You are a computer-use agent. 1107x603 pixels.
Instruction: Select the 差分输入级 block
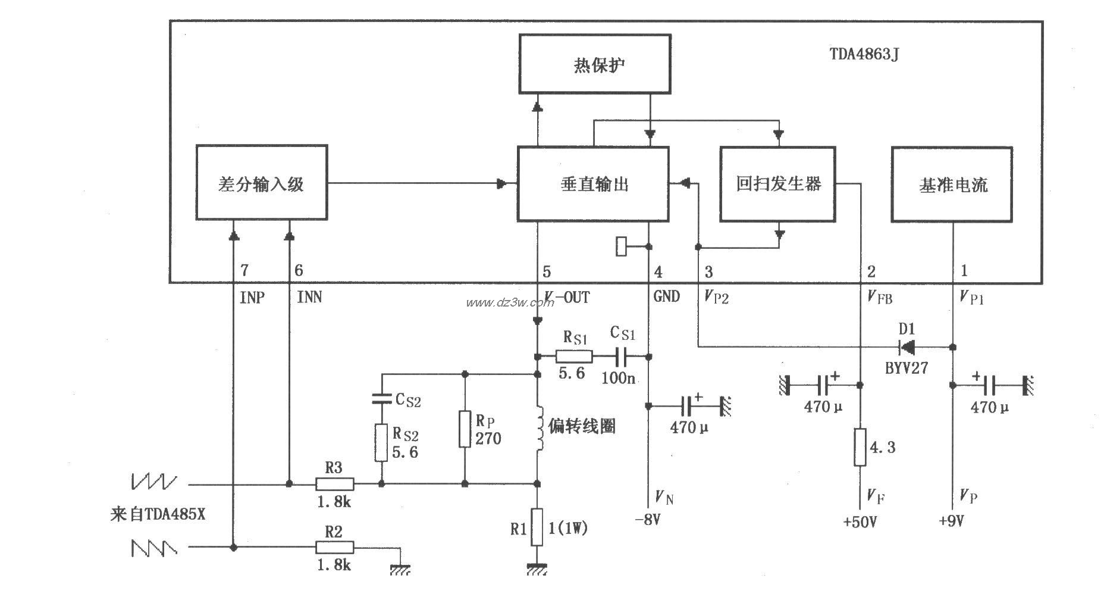[x=262, y=183]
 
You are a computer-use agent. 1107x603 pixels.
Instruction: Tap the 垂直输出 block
[x=593, y=184]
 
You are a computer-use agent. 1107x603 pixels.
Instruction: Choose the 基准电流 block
[x=952, y=185]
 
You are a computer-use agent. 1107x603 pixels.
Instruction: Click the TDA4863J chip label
[x=864, y=54]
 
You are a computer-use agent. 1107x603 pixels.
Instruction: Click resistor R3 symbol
[x=334, y=484]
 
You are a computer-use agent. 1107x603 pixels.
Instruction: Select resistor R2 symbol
[x=334, y=547]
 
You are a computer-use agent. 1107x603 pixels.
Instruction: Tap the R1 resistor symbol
[x=537, y=527]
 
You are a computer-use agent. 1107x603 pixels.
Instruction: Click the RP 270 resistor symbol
[x=465, y=429]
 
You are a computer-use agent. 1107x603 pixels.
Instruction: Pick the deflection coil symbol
[x=540, y=427]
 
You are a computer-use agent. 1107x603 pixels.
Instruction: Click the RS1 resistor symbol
[x=574, y=356]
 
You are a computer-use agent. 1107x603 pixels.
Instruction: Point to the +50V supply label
[x=860, y=522]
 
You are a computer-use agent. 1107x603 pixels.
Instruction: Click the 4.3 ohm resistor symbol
[x=860, y=446]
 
